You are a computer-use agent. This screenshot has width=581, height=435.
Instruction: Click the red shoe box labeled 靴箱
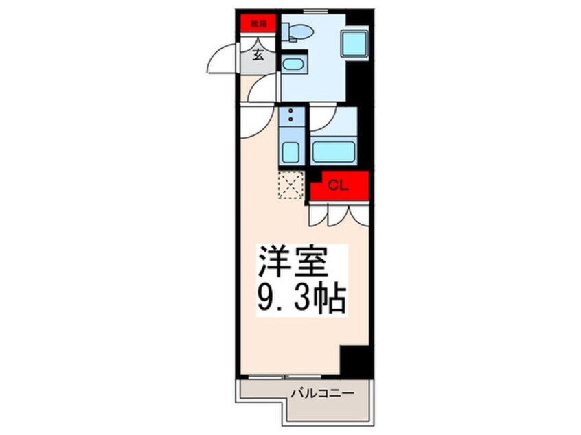[x=258, y=23]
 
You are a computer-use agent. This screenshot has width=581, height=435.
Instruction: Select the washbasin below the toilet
[x=293, y=64]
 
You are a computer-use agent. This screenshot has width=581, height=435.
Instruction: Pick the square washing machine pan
[x=355, y=43]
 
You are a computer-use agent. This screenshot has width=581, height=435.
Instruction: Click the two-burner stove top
[x=292, y=115]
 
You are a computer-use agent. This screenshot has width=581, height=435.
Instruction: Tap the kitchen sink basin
[x=291, y=152]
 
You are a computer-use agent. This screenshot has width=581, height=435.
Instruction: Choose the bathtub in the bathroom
[x=334, y=152]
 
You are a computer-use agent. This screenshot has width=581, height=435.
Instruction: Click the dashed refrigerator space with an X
[x=291, y=185]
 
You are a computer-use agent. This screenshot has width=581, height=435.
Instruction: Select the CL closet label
[x=339, y=185]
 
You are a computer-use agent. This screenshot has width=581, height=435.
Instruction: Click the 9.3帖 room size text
[x=301, y=298]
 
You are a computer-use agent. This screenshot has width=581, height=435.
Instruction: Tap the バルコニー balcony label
[x=322, y=392]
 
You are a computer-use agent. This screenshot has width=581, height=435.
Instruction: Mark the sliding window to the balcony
[x=284, y=377]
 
